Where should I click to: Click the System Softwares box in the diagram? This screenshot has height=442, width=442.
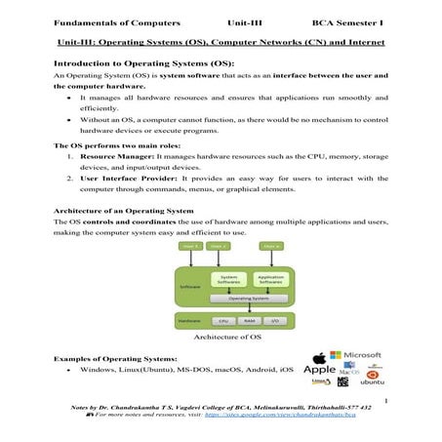click(229, 280)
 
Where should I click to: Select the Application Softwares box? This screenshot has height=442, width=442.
click(268, 280)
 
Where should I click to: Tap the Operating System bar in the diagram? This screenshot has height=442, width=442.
click(249, 298)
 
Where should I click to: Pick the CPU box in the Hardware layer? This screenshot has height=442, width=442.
click(222, 320)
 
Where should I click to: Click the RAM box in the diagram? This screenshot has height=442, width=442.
click(249, 320)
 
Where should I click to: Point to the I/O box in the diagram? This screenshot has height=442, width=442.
click(275, 320)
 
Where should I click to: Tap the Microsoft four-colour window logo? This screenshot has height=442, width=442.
click(334, 357)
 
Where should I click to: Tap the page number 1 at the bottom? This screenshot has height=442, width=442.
click(386, 401)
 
